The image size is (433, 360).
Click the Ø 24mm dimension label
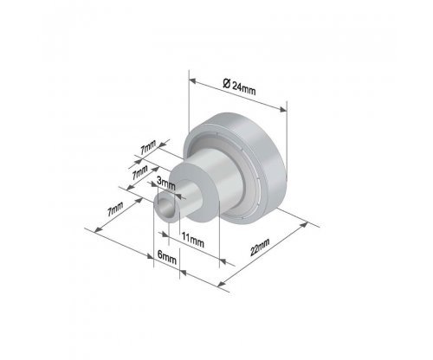click(x=239, y=87)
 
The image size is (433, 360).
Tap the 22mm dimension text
click(x=260, y=247)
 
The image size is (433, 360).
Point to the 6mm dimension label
click(x=167, y=257)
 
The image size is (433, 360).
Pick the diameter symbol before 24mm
click(x=227, y=83)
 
